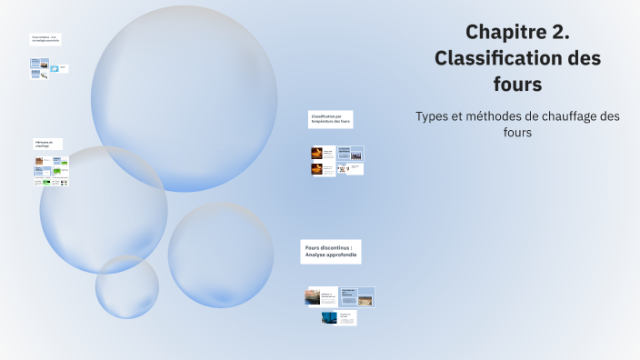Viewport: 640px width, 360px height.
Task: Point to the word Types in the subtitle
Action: point(432,116)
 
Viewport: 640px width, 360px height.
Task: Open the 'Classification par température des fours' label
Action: point(330,119)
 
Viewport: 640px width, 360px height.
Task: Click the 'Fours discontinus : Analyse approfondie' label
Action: point(330,251)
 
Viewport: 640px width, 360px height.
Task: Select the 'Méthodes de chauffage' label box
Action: point(47,144)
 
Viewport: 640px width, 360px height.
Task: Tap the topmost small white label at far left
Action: point(45,39)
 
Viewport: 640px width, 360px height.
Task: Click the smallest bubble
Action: point(127,286)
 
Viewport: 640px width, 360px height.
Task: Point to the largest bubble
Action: point(184,98)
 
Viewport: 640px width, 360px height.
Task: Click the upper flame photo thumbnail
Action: point(317,153)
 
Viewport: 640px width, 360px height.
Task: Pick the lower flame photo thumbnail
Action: point(317,168)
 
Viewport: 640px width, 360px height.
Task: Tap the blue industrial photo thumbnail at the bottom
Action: point(329,318)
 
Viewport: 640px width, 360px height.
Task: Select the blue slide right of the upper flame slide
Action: point(350,152)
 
